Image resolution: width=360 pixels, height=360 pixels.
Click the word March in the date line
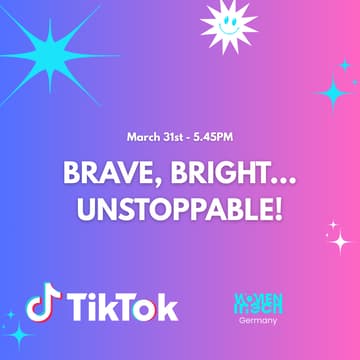(144, 136)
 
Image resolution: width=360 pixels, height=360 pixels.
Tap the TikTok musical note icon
(42, 303)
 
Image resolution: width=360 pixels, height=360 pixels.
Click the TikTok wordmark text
(122, 306)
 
